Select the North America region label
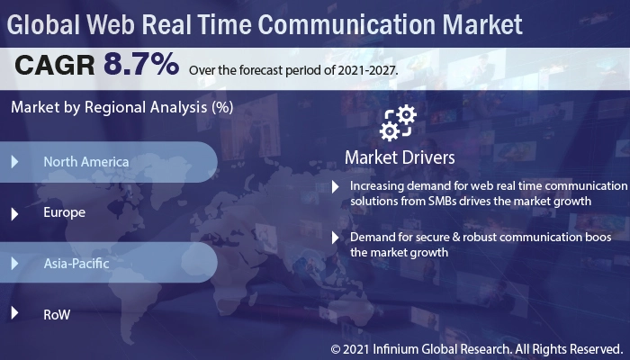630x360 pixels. [85, 162]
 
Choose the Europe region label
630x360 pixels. [64, 213]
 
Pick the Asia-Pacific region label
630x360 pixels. [76, 264]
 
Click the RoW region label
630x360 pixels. [57, 314]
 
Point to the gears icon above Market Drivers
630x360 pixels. [398, 123]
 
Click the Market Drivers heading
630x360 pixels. [400, 157]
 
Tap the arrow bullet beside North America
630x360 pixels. [14, 162]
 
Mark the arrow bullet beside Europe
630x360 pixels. [14, 213]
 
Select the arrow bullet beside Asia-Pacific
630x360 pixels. [14, 264]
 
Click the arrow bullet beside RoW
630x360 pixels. [14, 314]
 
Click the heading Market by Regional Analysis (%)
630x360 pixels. [121, 108]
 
